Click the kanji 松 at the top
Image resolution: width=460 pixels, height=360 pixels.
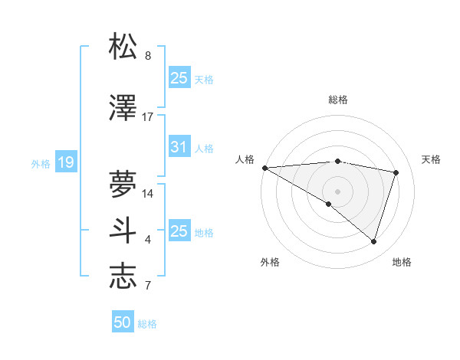click(x=123, y=47)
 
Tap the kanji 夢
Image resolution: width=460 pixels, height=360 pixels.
click(x=123, y=184)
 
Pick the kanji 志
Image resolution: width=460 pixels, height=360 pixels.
click(x=123, y=277)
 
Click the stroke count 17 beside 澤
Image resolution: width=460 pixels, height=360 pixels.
click(x=148, y=117)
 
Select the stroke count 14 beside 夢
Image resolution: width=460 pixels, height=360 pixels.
click(x=148, y=194)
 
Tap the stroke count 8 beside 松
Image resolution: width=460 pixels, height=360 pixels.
click(x=148, y=56)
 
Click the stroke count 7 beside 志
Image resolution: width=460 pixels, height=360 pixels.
click(x=148, y=286)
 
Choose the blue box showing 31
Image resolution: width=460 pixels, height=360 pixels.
click(x=179, y=147)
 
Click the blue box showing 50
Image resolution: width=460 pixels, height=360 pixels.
click(x=123, y=322)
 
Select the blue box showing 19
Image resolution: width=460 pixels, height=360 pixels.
click(x=65, y=162)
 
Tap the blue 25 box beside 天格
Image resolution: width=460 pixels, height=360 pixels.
click(x=179, y=78)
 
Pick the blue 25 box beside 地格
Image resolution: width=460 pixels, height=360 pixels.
click(x=179, y=231)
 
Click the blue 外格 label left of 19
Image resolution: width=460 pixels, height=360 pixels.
click(x=41, y=163)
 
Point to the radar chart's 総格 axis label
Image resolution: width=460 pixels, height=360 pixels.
click(x=337, y=100)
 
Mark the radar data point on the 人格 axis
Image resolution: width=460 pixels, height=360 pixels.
click(x=264, y=167)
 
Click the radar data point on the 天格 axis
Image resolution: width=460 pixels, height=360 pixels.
click(x=396, y=172)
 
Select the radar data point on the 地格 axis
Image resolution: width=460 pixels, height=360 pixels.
click(x=373, y=241)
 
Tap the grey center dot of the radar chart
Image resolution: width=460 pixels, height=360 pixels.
click(x=337, y=191)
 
